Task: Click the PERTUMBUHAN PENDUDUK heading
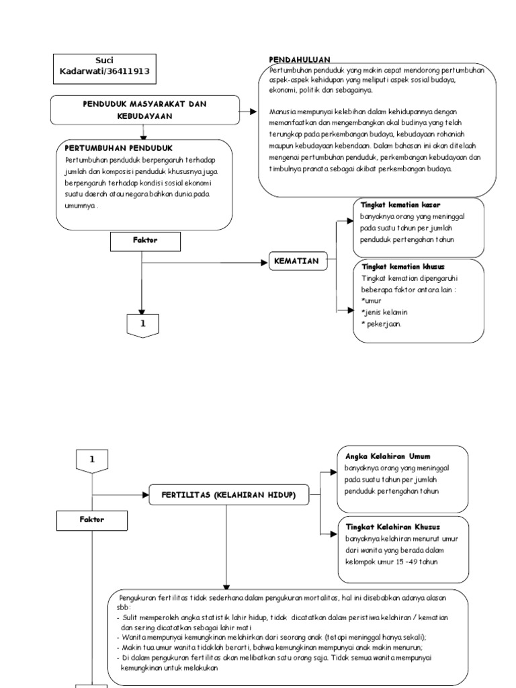pyautogui.click(x=119, y=147)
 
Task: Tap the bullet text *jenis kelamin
pyautogui.click(x=385, y=312)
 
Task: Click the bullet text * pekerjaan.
pyautogui.click(x=381, y=324)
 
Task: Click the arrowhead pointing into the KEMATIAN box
pyautogui.click(x=264, y=261)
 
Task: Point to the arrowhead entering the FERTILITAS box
pyautogui.click(x=145, y=496)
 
